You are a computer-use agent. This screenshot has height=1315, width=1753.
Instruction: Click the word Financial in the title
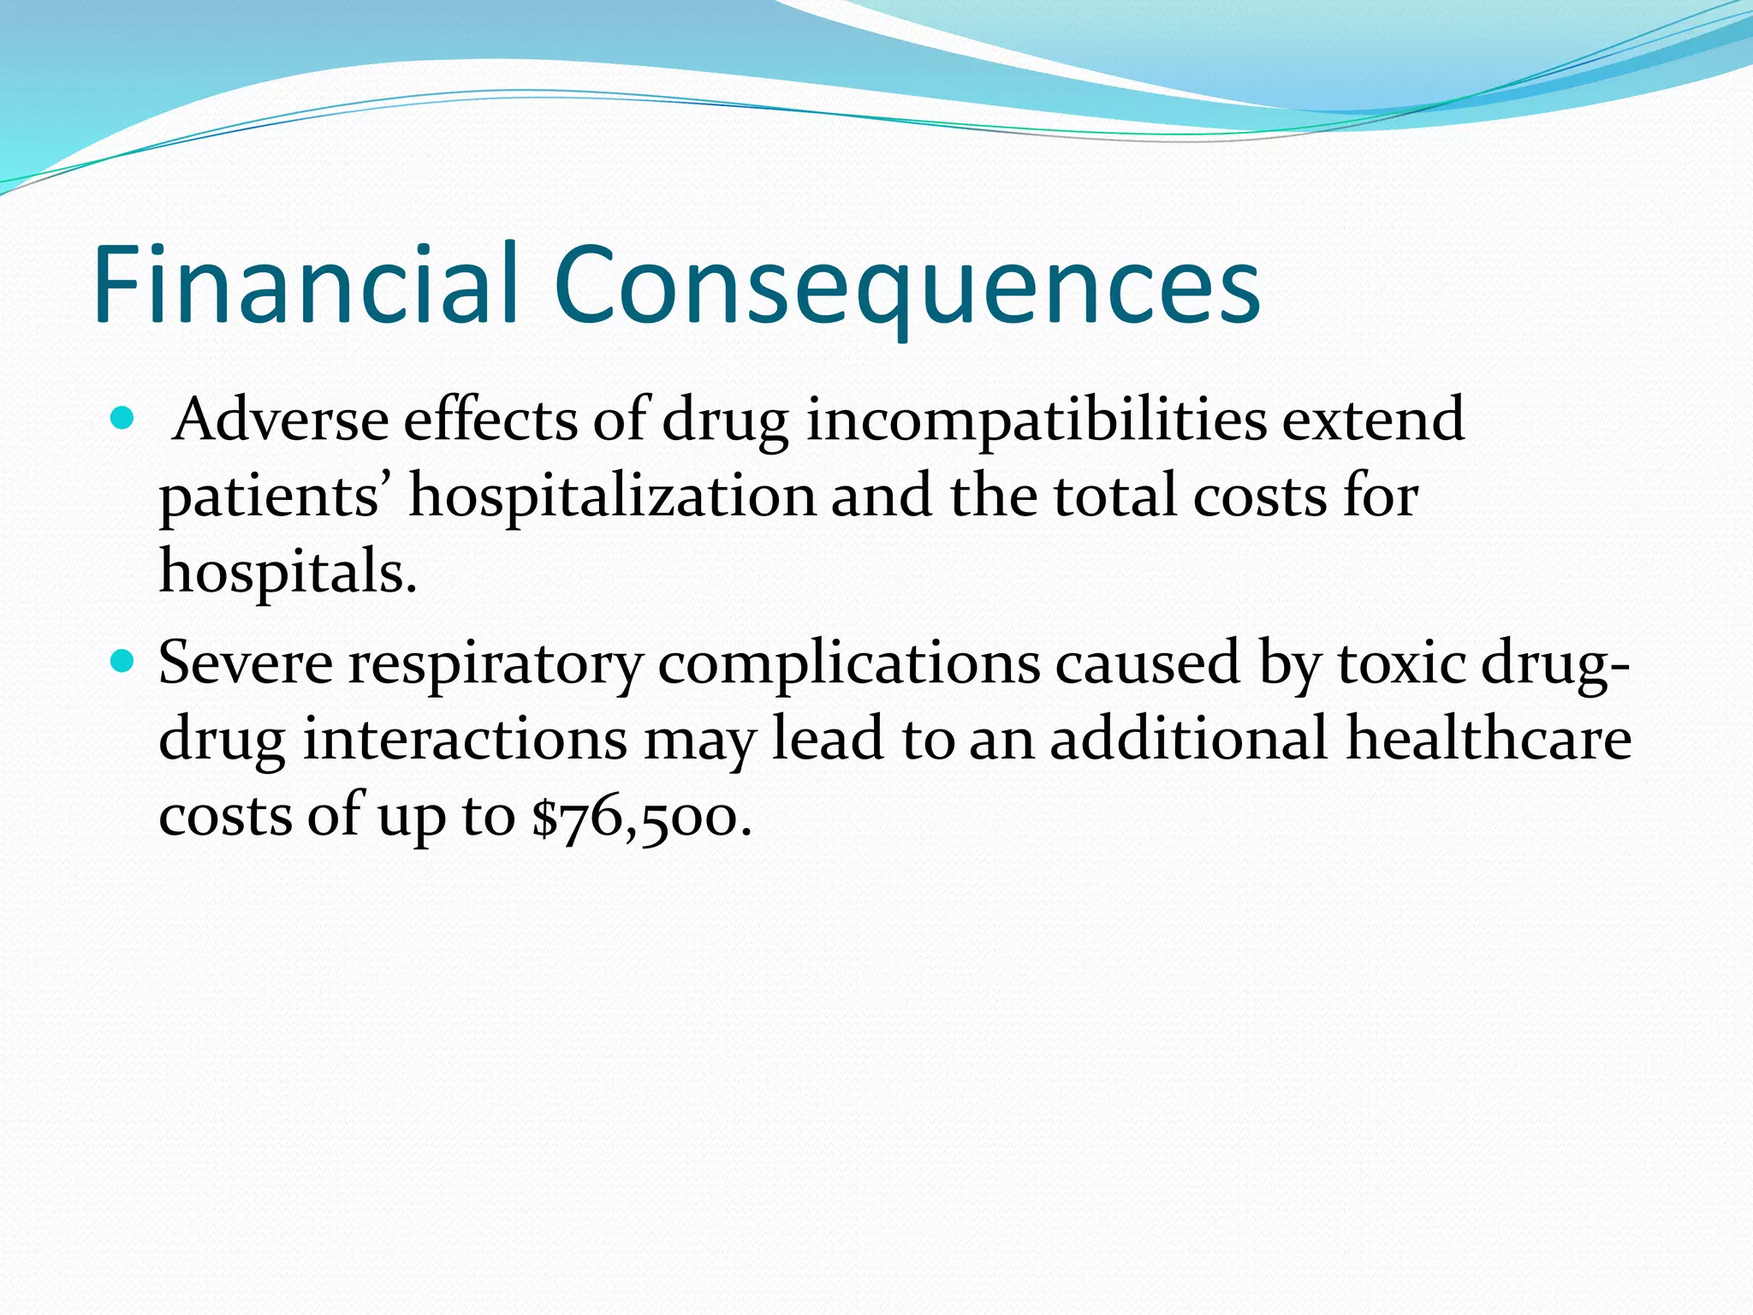[x=306, y=284]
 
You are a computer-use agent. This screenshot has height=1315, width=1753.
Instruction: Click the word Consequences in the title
[x=907, y=286]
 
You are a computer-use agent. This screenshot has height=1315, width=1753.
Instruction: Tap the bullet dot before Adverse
[x=123, y=419]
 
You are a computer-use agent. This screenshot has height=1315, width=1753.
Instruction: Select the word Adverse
[x=281, y=420]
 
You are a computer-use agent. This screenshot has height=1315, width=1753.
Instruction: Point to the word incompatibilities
[x=1036, y=422]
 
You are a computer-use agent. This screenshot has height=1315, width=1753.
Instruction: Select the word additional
[x=1189, y=738]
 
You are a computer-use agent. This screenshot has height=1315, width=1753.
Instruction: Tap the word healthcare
[x=1489, y=738]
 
